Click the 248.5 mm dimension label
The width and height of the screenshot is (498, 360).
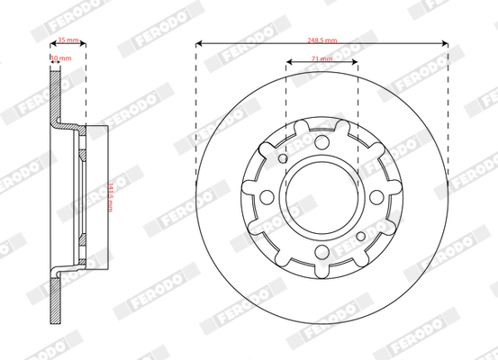coord(321,40)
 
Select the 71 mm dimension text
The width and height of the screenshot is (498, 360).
coord(321,58)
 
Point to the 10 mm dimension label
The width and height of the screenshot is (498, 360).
coord(59,58)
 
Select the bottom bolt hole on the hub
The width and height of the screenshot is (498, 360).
coord(321,253)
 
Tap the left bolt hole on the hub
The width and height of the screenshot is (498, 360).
coord(267,199)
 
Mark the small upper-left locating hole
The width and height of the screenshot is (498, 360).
coord(283,159)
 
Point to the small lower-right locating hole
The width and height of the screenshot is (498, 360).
coord(360,237)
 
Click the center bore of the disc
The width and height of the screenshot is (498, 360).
coord(321,197)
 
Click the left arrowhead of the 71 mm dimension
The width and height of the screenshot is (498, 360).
coord(289,63)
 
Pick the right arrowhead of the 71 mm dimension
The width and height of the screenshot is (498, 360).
coord(355,63)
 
